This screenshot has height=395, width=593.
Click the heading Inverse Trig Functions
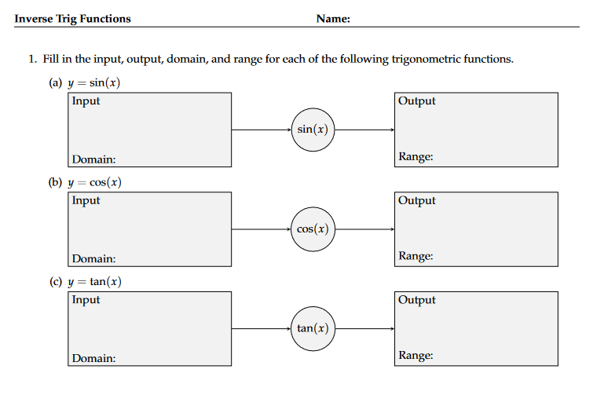pyautogui.click(x=73, y=19)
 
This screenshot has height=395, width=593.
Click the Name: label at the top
pyautogui.click(x=332, y=19)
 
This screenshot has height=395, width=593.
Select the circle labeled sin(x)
pyautogui.click(x=313, y=130)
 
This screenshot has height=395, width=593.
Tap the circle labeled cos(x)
pyautogui.click(x=313, y=229)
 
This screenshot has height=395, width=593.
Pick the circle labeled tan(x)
pyautogui.click(x=313, y=328)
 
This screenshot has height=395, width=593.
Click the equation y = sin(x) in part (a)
pyautogui.click(x=93, y=83)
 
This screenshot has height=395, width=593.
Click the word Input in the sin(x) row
pyautogui.click(x=86, y=101)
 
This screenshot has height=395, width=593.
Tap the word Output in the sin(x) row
pyautogui.click(x=416, y=101)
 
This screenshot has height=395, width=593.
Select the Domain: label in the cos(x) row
pyautogui.click(x=93, y=258)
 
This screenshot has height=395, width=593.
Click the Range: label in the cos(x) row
pyautogui.click(x=415, y=256)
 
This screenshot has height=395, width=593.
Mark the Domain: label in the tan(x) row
pyautogui.click(x=93, y=358)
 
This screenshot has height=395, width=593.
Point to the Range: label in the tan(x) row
pyautogui.click(x=415, y=356)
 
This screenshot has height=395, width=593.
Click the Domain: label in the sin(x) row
pyautogui.click(x=93, y=159)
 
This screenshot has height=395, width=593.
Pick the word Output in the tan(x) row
pyautogui.click(x=416, y=300)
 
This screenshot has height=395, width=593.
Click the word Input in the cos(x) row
pyautogui.click(x=86, y=200)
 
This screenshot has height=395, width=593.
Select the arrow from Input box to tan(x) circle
pyautogui.click(x=261, y=328)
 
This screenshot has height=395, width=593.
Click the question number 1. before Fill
pyautogui.click(x=33, y=60)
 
